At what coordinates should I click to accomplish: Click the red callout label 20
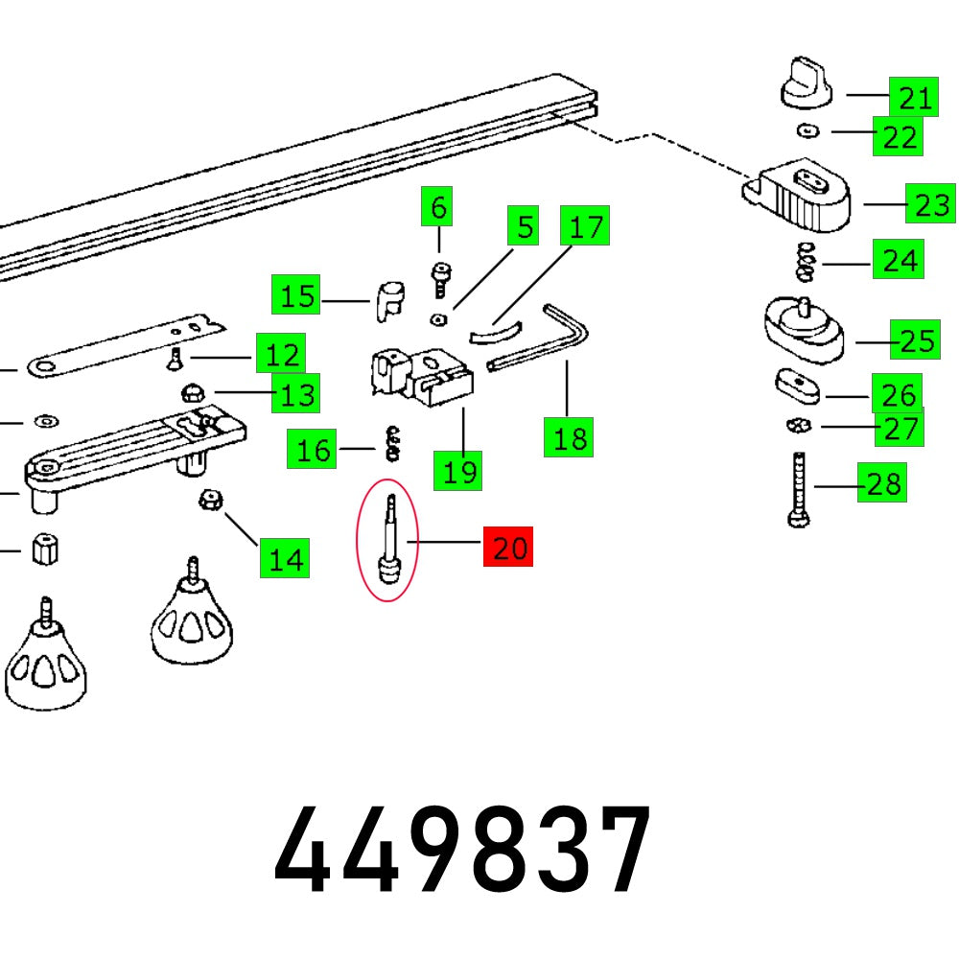pyautogui.click(x=510, y=549)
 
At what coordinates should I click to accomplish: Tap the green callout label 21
pyautogui.click(x=915, y=97)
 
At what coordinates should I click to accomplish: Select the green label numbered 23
pyautogui.click(x=931, y=205)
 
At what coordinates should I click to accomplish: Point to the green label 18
pyautogui.click(x=568, y=438)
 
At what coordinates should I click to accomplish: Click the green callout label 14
pyautogui.click(x=285, y=557)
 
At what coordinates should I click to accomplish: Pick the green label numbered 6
pyautogui.click(x=438, y=207)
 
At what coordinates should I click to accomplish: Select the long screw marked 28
pyautogui.click(x=797, y=489)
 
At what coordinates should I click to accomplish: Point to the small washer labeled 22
pyautogui.click(x=809, y=130)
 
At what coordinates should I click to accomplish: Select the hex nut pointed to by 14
pyautogui.click(x=206, y=500)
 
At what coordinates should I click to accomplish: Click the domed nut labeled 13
pyautogui.click(x=191, y=392)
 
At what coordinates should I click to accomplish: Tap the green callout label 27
pyautogui.click(x=901, y=428)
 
